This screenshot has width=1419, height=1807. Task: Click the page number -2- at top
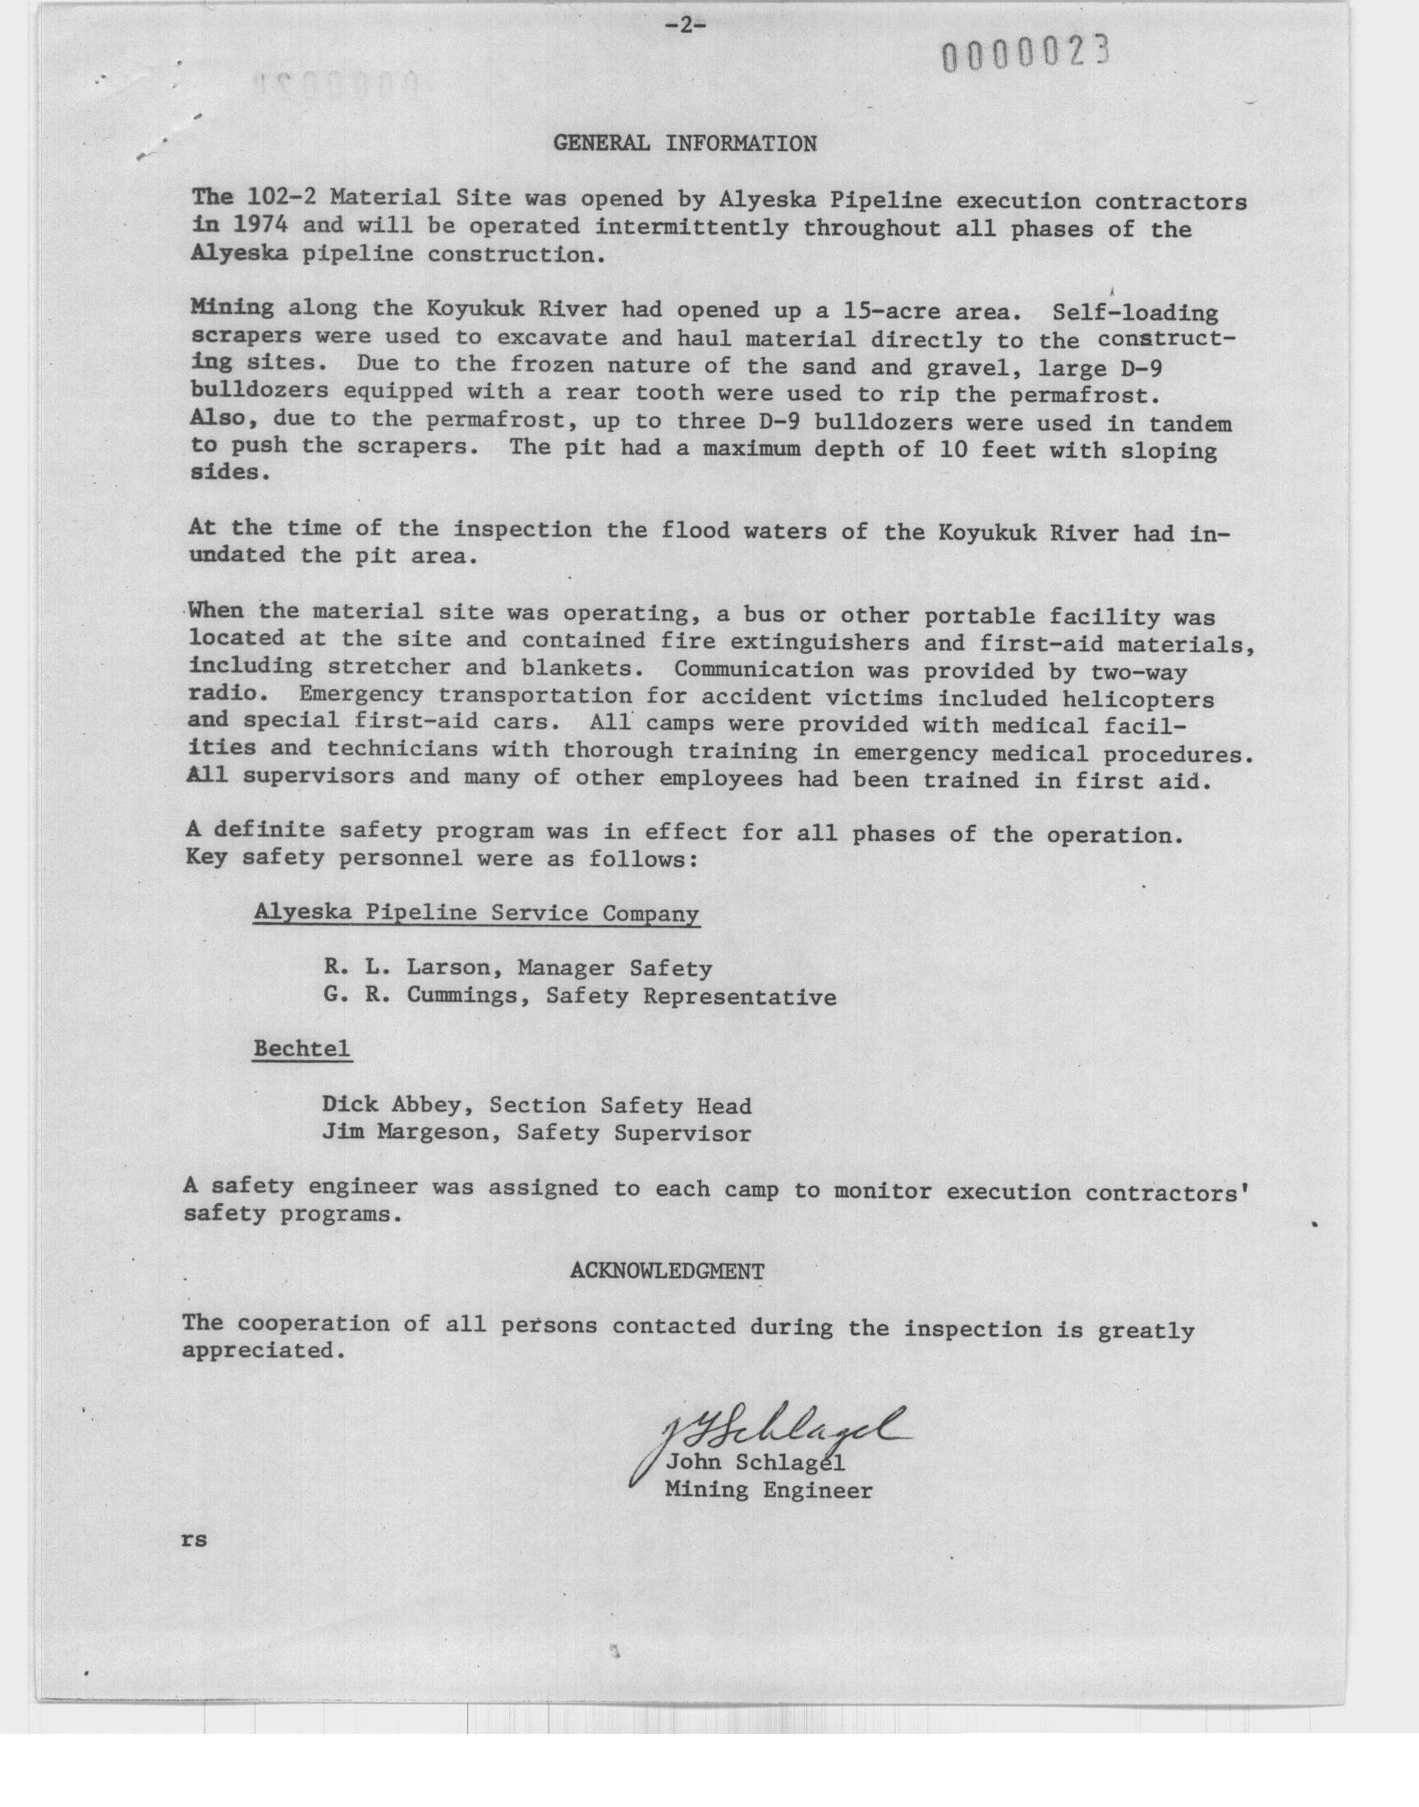(686, 26)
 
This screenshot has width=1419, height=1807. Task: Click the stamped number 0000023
(1026, 56)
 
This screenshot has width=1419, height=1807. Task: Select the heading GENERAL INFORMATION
(685, 144)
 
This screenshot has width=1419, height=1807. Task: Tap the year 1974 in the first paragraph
(254, 225)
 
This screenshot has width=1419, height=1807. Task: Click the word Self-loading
(1134, 313)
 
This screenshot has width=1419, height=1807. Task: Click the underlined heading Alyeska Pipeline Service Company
(476, 913)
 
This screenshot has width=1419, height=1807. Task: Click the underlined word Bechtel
(301, 1050)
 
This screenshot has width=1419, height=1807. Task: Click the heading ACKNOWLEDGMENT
(667, 1271)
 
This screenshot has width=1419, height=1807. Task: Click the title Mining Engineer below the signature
(769, 1491)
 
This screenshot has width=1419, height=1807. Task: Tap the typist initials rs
(194, 1539)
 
